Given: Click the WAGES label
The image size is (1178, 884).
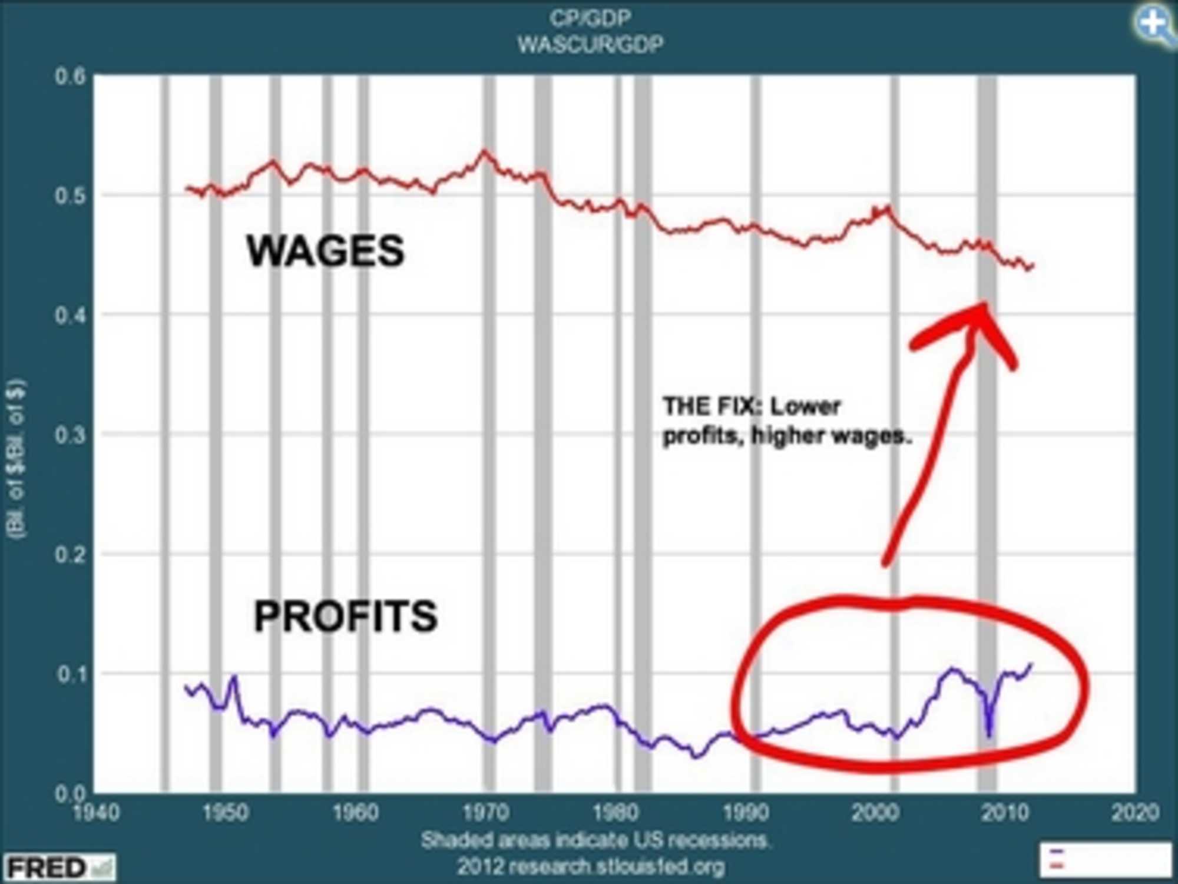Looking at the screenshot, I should click(325, 251).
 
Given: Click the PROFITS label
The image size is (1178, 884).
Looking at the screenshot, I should click(346, 617).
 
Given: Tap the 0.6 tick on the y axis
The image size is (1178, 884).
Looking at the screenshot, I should click(71, 77).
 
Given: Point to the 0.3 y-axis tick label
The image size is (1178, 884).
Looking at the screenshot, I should click(71, 435).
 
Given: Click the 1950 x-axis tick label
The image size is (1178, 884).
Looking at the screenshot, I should click(226, 813).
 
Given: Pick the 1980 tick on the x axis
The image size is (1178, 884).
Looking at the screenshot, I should click(616, 813).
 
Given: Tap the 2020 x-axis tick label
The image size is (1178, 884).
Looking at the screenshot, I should click(1135, 813).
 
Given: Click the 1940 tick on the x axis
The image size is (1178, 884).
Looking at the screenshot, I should click(96, 813).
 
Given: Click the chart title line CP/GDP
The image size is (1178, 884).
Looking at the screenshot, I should click(590, 18).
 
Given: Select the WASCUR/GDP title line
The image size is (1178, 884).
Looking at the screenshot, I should click(590, 44).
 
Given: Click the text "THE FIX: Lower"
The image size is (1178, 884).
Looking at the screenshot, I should click(751, 406).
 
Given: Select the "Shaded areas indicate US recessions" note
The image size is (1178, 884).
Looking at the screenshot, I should click(595, 840).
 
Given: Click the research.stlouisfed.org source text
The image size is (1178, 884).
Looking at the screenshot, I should click(591, 866).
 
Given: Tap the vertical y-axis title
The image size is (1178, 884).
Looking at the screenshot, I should click(16, 459).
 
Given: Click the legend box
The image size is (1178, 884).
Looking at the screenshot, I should click(1105, 859).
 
